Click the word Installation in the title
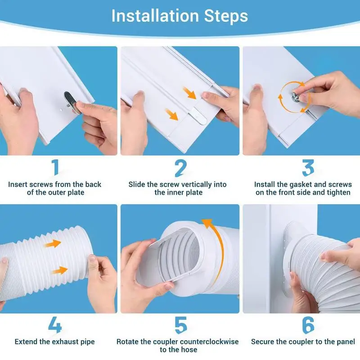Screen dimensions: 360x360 tap(155, 16)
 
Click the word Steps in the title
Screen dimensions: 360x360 tap(226, 17)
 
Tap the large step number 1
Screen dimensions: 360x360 tap(55, 167)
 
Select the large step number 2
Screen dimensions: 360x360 tap(180, 168)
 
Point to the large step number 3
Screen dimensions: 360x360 tap(308, 168)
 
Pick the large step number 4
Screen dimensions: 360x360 tap(55, 324)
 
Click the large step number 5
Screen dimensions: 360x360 tap(181, 325)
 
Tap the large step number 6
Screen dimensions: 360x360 tap(308, 325)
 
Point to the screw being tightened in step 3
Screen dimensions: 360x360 tap(296, 97)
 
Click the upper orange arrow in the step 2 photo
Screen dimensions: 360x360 tap(189, 93)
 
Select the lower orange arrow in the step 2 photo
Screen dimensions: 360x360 tap(172, 114)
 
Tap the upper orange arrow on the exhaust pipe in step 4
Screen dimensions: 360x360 tap(53, 243)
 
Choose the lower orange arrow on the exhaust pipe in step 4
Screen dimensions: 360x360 tap(59, 270)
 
